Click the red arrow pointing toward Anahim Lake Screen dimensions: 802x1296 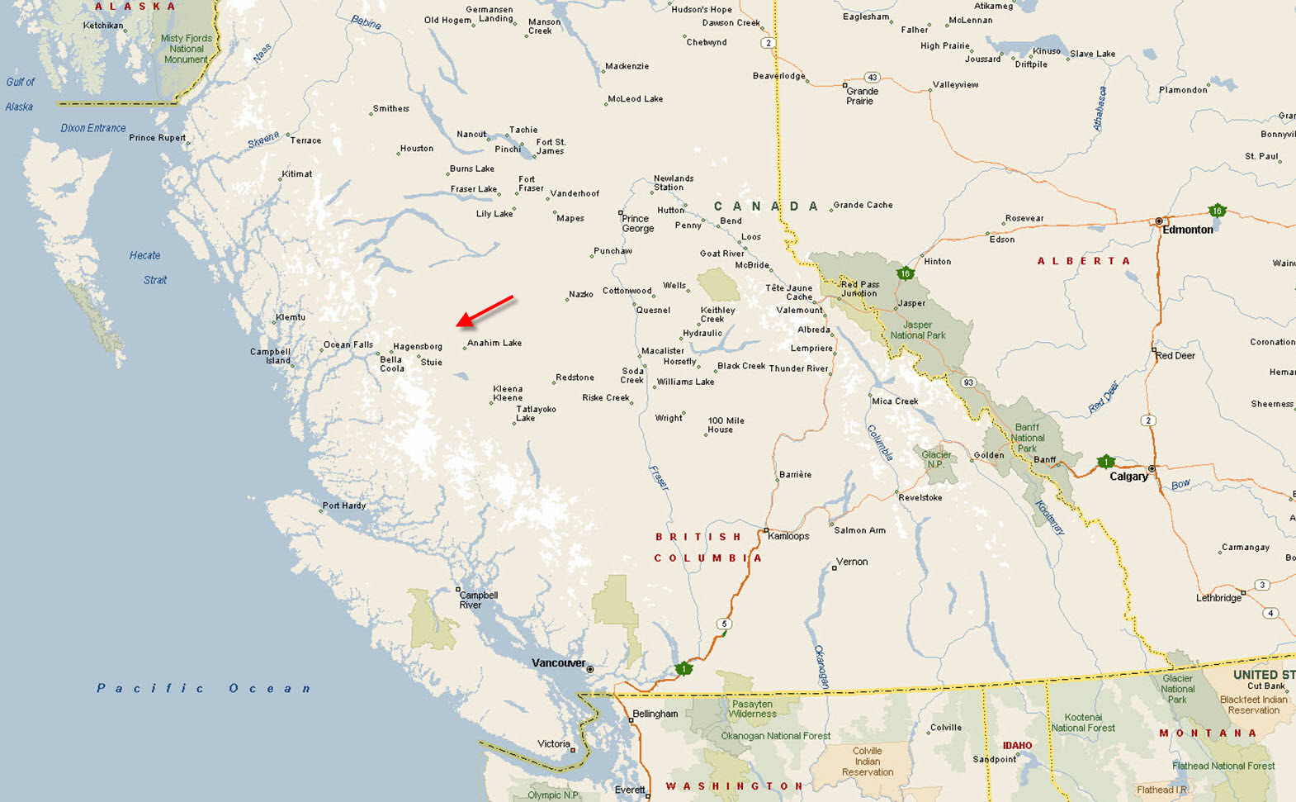click(x=485, y=311)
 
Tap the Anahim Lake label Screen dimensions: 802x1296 click(x=494, y=343)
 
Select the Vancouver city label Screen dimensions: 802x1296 click(x=558, y=663)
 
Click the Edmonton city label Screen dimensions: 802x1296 click(x=1188, y=230)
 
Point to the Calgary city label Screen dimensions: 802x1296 click(x=1128, y=477)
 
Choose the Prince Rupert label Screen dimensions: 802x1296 click(x=157, y=138)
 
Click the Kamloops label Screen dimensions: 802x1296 click(x=788, y=536)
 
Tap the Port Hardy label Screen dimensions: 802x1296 click(x=344, y=505)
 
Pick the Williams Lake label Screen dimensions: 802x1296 click(x=685, y=382)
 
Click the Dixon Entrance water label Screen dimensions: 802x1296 click(x=93, y=128)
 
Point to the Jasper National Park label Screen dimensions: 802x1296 click(x=918, y=330)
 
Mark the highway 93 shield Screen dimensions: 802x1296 click(x=968, y=382)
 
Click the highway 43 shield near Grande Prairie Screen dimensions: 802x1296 click(x=872, y=78)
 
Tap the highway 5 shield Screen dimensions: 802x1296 click(x=724, y=624)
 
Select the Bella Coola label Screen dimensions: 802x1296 click(x=392, y=364)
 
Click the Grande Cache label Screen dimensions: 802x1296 click(x=863, y=205)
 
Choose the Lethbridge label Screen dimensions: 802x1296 click(x=1218, y=598)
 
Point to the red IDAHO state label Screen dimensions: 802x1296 click(x=1017, y=746)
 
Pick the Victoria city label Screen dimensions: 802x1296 click(x=553, y=744)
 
